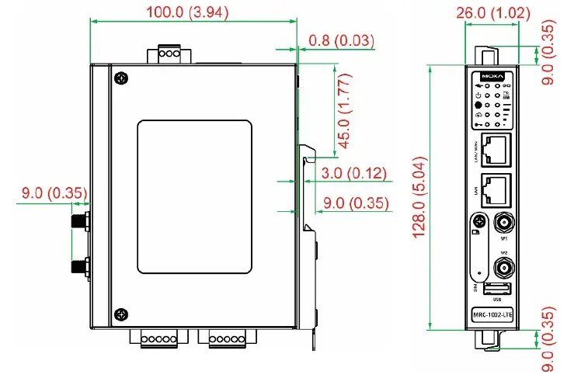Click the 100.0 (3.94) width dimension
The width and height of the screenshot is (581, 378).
193,12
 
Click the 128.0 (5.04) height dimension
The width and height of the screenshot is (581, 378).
419,197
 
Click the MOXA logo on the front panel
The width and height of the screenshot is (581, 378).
492,77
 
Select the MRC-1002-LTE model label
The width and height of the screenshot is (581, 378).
492,314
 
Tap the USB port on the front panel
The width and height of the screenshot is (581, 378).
492,290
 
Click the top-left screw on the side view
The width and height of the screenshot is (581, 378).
120,78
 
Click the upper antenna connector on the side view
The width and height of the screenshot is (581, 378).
79,223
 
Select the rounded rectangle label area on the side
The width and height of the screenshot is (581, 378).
195,196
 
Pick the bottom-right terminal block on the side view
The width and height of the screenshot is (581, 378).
225,338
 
